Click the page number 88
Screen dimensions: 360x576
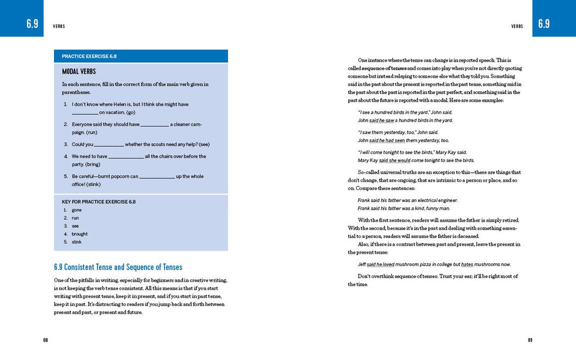45,340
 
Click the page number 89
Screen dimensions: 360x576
530,340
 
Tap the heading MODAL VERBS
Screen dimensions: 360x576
79,72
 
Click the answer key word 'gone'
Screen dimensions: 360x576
76,210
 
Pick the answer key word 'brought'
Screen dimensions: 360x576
80,234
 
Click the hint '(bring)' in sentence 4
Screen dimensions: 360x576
93,164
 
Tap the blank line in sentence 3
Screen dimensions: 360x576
109,145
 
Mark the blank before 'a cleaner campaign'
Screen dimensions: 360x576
155,125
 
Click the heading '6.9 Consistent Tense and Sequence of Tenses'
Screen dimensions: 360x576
118,267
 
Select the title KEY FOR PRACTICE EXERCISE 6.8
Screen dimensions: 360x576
99,202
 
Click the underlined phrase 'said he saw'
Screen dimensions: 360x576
382,121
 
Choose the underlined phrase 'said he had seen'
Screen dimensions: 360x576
387,140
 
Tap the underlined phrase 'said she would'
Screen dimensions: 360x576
395,160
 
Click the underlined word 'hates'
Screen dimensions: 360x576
467,265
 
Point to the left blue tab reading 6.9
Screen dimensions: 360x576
32,24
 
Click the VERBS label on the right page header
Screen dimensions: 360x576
517,27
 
